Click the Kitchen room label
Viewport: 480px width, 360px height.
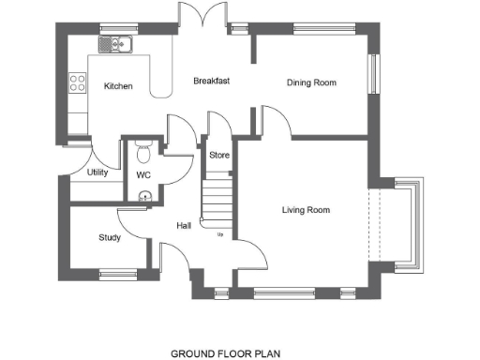pos(118,86)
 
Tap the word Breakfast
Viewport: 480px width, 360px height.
pos(211,81)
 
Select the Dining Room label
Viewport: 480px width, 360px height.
pos(311,82)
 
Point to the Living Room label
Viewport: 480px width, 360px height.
pos(306,209)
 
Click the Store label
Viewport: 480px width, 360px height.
pos(219,155)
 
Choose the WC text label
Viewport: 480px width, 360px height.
pos(143,174)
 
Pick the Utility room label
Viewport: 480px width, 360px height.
pos(97,172)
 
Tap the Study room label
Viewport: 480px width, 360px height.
pos(110,237)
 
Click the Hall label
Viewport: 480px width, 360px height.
pos(185,225)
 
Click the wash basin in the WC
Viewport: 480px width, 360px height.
pos(142,196)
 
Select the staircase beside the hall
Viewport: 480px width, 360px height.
pos(217,202)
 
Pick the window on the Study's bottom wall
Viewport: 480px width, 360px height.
pos(117,274)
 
